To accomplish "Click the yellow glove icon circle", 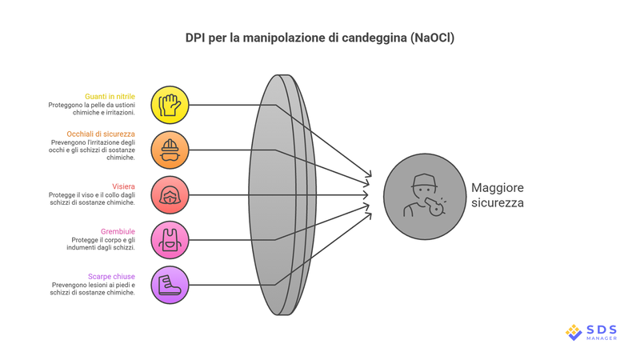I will [x=170, y=105].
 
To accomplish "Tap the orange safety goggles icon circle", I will [x=170, y=150].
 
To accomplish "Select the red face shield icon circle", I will [x=170, y=194].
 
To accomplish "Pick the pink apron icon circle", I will [x=170, y=239].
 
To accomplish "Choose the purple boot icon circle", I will [x=170, y=284].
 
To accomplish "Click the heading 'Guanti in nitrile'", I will [x=110, y=96].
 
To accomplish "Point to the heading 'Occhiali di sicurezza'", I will [x=101, y=133].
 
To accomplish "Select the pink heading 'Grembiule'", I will [x=118, y=230].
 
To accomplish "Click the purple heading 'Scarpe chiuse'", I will [x=111, y=275].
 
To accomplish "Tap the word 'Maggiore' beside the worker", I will [x=498, y=187].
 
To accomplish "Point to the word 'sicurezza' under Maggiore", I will [x=498, y=203].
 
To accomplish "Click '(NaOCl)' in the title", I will [x=428, y=38].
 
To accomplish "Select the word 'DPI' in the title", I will [x=197, y=38].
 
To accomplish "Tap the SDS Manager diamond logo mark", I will [x=574, y=331].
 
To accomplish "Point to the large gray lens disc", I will [x=280, y=194].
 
